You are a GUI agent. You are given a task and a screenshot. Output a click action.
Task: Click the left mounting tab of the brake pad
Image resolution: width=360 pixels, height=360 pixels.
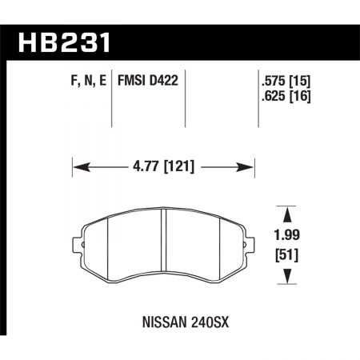pyautogui.click(x=78, y=242)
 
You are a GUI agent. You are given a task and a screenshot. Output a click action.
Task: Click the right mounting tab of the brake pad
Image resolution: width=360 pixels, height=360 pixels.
pyautogui.click(x=250, y=242)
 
